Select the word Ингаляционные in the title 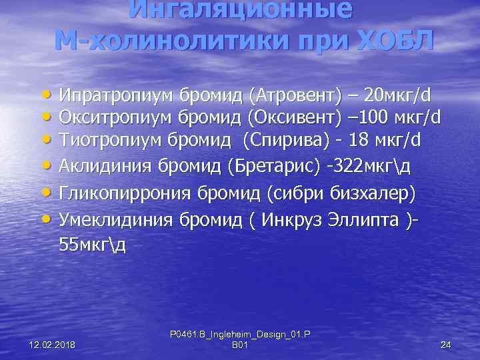click(240, 9)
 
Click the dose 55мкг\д click(91, 243)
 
